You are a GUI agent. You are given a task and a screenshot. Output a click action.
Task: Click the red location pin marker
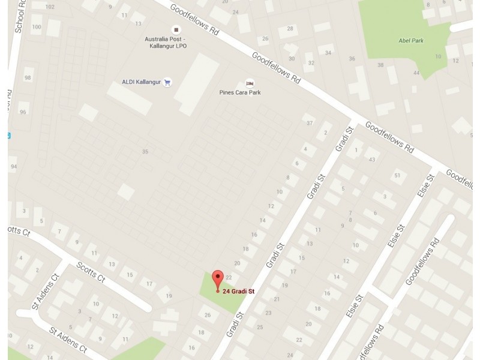(218, 279)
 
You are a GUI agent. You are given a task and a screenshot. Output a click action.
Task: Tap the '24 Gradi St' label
(239, 292)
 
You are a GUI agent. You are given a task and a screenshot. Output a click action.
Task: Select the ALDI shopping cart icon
(167, 83)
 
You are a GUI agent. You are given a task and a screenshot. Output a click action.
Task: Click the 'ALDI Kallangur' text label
(142, 82)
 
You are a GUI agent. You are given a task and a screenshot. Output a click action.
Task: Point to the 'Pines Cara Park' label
(239, 92)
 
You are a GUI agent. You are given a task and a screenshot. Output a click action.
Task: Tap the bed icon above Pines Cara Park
(250, 83)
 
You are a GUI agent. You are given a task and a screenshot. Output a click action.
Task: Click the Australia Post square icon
(176, 29)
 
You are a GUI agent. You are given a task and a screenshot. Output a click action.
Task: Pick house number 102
(50, 7)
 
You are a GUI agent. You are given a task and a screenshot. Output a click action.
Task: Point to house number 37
(310, 123)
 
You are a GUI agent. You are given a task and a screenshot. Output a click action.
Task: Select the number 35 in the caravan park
(145, 152)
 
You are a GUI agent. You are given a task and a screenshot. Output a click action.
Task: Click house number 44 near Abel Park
(416, 73)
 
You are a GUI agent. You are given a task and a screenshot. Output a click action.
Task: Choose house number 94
(13, 166)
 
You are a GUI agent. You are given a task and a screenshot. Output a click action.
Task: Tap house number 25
(260, 327)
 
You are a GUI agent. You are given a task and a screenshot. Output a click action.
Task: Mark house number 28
(290, 28)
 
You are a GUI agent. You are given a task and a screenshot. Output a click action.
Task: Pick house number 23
(268, 313)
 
